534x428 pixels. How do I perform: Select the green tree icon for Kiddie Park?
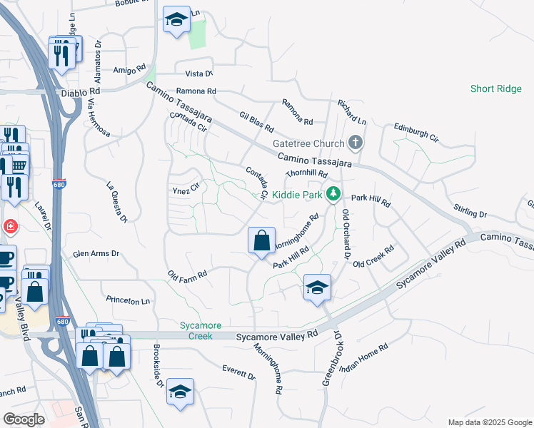333,193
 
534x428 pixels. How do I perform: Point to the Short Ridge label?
496,89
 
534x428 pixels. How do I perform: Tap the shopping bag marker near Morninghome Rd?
262,241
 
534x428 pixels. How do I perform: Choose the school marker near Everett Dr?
181,392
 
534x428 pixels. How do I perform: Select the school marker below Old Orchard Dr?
317,288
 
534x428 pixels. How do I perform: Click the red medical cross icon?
10,227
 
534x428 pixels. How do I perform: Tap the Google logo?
24,419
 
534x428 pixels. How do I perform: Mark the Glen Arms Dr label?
96,254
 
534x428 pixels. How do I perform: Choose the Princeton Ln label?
128,301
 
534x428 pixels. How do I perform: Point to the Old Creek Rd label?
374,258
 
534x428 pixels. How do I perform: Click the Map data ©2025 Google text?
489,422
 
